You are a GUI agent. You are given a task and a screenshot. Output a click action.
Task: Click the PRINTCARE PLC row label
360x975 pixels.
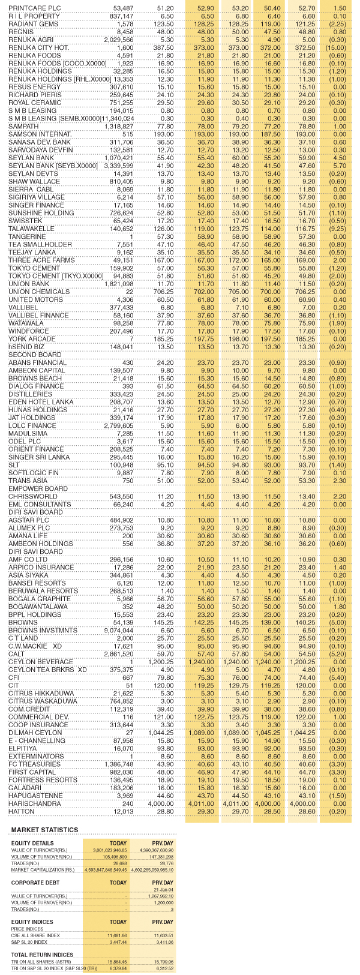(34, 7)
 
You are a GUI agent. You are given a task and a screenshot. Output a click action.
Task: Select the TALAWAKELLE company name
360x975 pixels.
(31, 229)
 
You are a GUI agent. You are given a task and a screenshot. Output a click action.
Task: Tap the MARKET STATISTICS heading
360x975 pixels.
(44, 830)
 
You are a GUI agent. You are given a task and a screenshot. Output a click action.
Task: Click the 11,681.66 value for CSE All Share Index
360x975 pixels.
(114, 935)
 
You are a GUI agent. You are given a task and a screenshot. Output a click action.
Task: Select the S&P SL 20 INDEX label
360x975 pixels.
(34, 942)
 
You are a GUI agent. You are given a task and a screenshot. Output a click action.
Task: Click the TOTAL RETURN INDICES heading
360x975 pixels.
(42, 954)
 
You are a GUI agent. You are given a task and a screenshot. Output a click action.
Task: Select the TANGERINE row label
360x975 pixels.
(28, 236)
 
